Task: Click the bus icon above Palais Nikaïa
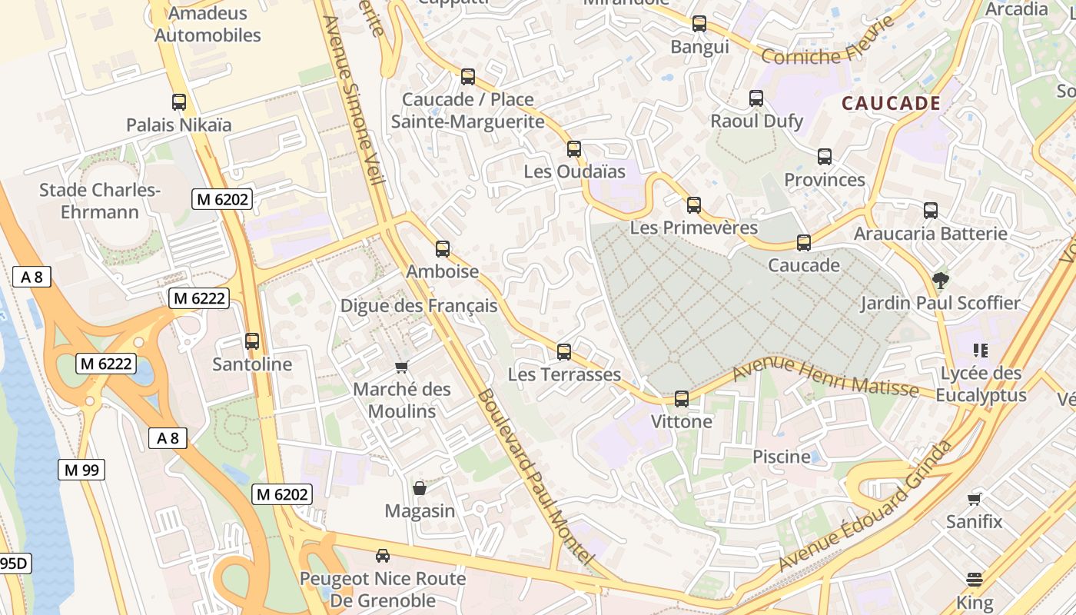179,101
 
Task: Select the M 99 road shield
81,470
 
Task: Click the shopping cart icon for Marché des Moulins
401,367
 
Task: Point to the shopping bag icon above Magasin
420,488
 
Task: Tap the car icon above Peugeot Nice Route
383,555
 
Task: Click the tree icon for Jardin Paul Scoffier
939,280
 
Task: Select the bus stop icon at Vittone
682,399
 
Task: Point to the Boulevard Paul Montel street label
536,477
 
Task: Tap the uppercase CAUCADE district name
892,103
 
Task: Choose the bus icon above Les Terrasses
564,352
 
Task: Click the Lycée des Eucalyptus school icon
980,351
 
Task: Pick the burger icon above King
975,579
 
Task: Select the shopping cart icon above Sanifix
975,498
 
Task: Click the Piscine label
782,457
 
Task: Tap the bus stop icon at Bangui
699,24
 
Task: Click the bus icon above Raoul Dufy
756,98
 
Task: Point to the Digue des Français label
419,306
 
